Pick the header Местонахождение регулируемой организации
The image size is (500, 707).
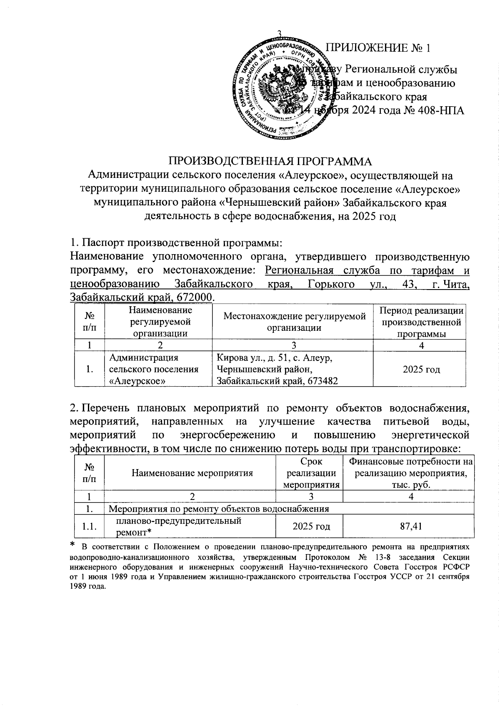[x=295, y=321]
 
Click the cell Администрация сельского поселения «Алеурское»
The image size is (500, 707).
[x=154, y=369]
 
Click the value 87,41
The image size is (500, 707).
[x=411, y=526]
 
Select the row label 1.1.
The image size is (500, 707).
[x=89, y=527]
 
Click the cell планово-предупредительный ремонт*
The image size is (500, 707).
[x=179, y=526]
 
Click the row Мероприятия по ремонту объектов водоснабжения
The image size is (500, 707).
[x=219, y=509]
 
